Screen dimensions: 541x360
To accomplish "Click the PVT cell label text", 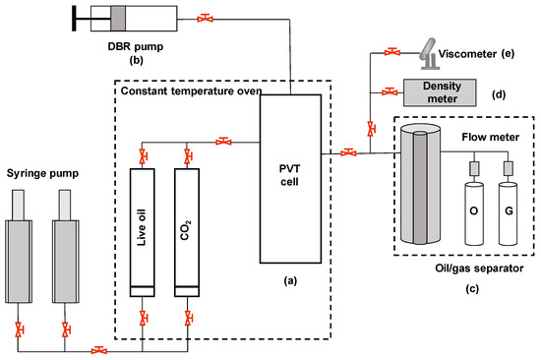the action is pos(290,175).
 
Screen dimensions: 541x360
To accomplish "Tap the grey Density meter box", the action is pos(440,92).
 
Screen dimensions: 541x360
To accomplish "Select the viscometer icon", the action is pos(428,53).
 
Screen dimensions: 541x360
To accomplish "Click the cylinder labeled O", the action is pos(474,214).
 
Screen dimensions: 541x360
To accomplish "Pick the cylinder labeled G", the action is pos(508,214).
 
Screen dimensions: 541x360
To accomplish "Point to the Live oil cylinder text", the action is pos(142,227).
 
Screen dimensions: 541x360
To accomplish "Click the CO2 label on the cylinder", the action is pos(186,230).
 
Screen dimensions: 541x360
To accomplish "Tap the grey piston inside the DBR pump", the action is pos(118,19).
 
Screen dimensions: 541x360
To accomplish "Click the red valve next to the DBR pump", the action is pos(205,18).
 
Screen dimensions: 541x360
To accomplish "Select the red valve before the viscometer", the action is pos(392,52).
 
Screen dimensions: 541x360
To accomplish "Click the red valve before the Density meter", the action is pos(390,91).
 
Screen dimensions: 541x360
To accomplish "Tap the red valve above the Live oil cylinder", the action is pos(143,156).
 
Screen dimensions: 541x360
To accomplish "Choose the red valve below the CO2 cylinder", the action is pos(188,319).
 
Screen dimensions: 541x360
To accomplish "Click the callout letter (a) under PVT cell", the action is pos(290,280).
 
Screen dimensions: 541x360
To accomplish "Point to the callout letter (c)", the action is pos(471,288).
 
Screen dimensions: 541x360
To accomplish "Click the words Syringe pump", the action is pos(42,173).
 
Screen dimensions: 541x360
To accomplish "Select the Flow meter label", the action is pos(490,137).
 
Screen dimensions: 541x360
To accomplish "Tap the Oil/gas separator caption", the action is pos(479,269).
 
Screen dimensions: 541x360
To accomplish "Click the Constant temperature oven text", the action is pos(191,91).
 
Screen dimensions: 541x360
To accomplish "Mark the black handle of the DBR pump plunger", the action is pos(74,19).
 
